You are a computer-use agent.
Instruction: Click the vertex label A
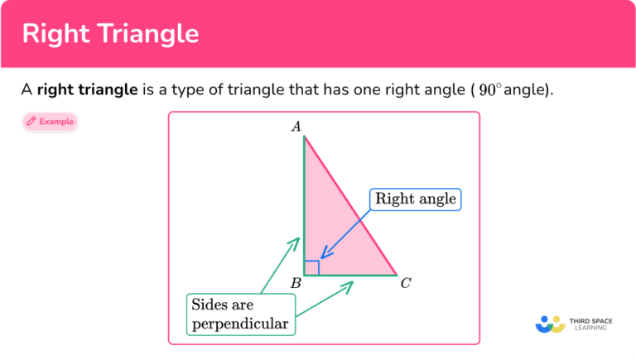[296, 126]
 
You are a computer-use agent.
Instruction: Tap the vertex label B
[296, 284]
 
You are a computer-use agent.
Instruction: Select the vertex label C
[406, 284]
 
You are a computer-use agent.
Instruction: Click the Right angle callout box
[415, 199]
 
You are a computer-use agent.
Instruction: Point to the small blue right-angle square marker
[311, 267]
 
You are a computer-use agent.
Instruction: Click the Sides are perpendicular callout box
[240, 314]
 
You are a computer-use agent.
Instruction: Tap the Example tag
[51, 122]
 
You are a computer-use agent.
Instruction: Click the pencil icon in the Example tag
[31, 122]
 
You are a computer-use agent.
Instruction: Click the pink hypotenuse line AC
[352, 208]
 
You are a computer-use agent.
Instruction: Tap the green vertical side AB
[304, 199]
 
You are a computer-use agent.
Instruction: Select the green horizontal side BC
[352, 275]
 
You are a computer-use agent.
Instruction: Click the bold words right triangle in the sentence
[87, 89]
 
